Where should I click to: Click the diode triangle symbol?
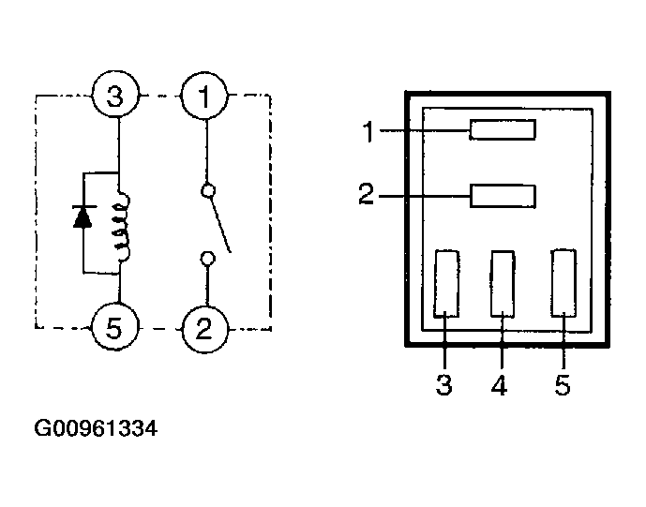(x=83, y=216)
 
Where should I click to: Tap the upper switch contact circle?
(x=208, y=190)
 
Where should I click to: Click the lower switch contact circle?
(x=207, y=259)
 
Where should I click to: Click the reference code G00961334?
(x=96, y=428)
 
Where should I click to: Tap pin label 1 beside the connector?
(x=368, y=131)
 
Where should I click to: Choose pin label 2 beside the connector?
(x=367, y=194)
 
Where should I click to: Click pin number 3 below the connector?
(x=444, y=385)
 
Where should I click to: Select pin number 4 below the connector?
(x=500, y=385)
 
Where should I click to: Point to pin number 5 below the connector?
(x=563, y=385)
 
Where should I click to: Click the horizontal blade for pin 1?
(x=503, y=129)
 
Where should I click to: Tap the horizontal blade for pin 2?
(x=503, y=196)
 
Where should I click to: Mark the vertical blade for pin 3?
(x=446, y=283)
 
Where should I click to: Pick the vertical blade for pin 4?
(x=503, y=284)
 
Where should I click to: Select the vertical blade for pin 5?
(x=563, y=283)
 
